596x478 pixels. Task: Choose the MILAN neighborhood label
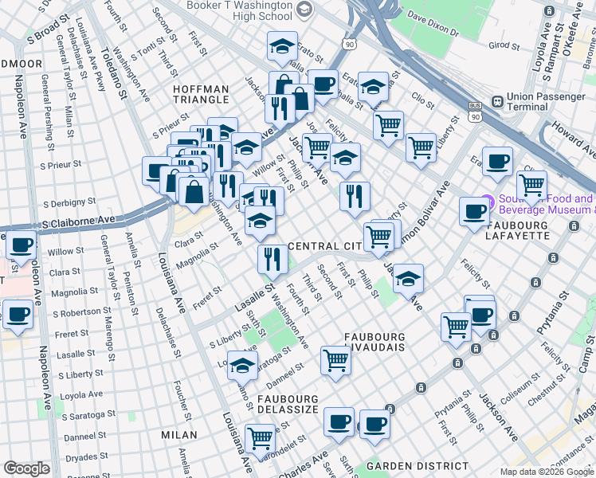pyautogui.click(x=179, y=435)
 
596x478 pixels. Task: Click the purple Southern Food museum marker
pyautogui.click(x=485, y=204)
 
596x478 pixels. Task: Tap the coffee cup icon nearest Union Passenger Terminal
pyautogui.click(x=497, y=162)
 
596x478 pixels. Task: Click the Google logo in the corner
pyautogui.click(x=27, y=468)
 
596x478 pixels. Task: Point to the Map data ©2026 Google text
pyautogui.click(x=546, y=472)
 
